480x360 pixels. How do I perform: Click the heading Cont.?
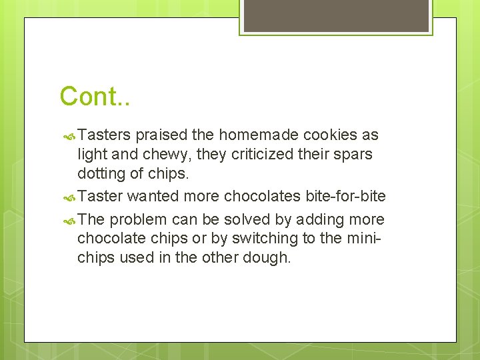95,97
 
